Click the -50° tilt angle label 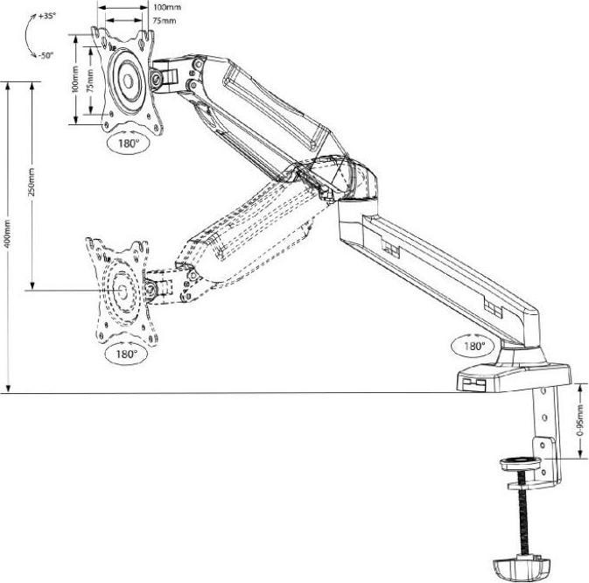[x=46, y=55]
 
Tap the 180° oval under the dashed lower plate [x=125, y=355]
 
